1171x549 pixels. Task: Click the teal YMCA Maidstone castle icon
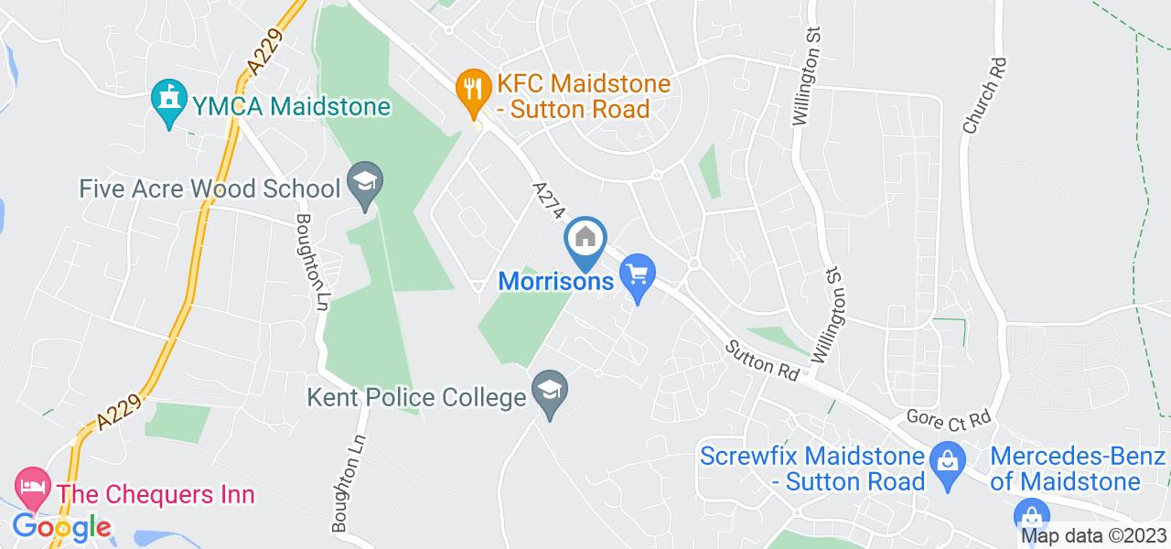[168, 104]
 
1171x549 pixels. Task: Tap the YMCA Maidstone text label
[291, 106]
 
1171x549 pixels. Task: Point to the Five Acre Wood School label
[210, 189]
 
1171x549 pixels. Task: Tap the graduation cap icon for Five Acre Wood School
[366, 186]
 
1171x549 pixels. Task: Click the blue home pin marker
[585, 240]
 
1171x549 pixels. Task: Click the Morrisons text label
[555, 280]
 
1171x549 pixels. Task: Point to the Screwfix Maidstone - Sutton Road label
[812, 468]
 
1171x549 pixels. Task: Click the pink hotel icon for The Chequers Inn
[34, 489]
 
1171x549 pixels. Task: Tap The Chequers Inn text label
[156, 495]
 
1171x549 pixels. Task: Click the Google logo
[60, 527]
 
